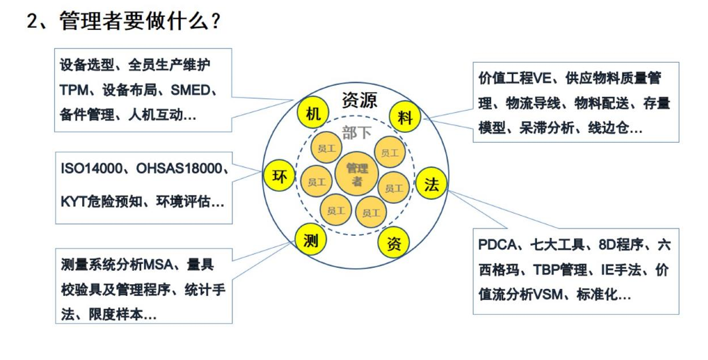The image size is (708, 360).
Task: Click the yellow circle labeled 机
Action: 313,114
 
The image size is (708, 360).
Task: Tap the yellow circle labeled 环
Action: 279,176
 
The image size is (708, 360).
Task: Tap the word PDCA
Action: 497,245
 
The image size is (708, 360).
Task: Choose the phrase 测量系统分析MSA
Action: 117,265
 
